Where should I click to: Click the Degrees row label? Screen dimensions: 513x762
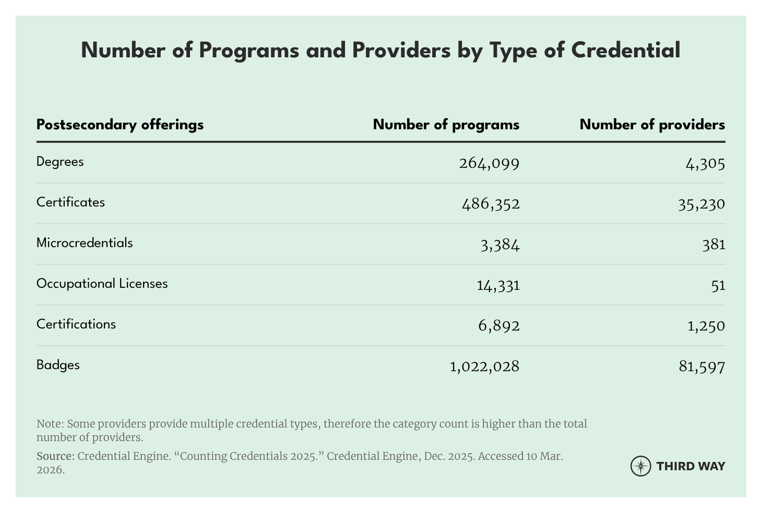60,162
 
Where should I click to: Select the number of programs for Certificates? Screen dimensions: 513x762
491,203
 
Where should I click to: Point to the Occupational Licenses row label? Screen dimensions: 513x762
102,284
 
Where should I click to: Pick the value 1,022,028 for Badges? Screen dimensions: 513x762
484,367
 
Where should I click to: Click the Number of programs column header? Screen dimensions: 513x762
446,125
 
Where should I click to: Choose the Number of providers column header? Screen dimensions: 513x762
652,125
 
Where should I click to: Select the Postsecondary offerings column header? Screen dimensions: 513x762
120,125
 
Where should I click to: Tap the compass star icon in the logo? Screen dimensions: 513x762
640,466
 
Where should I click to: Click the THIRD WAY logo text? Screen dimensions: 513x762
690,466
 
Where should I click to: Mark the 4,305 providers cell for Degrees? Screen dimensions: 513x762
705,164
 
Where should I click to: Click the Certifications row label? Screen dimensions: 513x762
76,324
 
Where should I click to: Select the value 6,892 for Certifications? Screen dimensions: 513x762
498,326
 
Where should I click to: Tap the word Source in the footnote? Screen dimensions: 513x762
55,456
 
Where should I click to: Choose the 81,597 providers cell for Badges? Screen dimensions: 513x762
702,367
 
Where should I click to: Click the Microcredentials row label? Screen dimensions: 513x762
85,243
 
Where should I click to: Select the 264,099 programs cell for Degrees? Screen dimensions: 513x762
489,164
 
